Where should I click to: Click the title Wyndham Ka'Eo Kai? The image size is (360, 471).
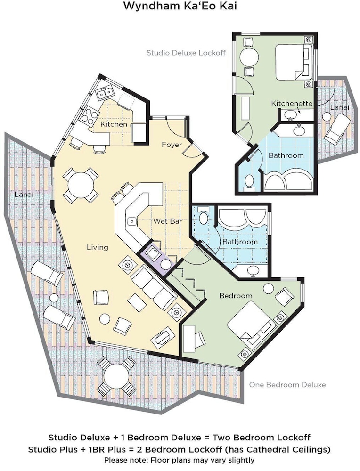click(x=180, y=6)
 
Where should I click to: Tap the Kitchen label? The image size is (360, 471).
click(x=114, y=124)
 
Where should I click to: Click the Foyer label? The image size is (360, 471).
click(x=172, y=145)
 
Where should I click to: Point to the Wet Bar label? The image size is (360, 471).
click(x=167, y=221)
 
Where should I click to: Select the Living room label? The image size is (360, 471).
click(x=98, y=248)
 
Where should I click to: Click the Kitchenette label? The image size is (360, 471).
click(x=292, y=103)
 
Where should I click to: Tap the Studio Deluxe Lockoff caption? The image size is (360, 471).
click(x=186, y=53)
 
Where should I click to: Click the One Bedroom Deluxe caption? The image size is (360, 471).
click(x=287, y=385)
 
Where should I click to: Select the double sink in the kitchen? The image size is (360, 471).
click(x=105, y=92)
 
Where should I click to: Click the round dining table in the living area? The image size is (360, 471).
click(x=81, y=185)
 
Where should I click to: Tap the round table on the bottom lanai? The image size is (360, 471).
click(x=116, y=376)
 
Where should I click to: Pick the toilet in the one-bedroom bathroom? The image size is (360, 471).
click(x=204, y=217)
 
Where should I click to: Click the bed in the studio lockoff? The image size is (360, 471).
click(x=294, y=62)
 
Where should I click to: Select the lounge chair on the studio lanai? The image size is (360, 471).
click(x=337, y=129)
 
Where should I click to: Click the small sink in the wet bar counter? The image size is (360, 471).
click(x=132, y=222)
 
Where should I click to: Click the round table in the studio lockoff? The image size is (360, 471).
click(x=249, y=57)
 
